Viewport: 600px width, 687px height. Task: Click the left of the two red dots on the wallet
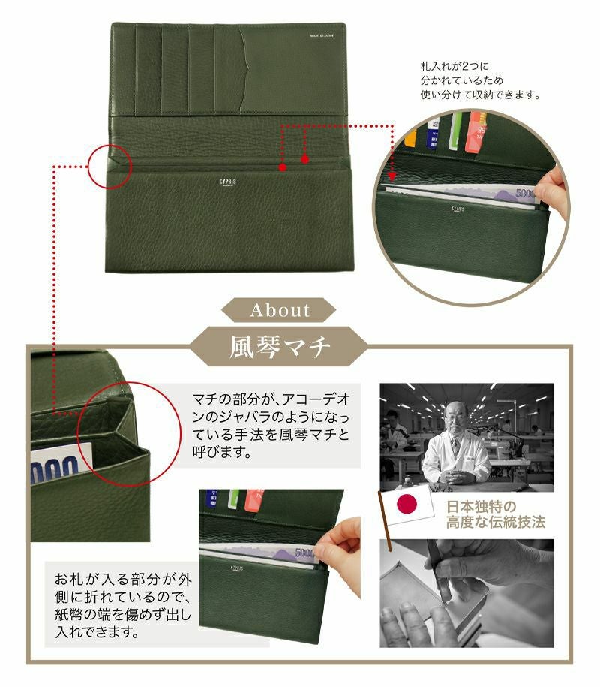coord(282,168)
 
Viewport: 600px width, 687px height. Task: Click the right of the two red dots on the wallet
coord(305,159)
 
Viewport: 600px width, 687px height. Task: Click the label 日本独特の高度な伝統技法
coord(495,514)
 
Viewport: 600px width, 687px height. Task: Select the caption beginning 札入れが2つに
coord(480,81)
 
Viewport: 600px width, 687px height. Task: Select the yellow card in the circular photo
coord(410,138)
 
